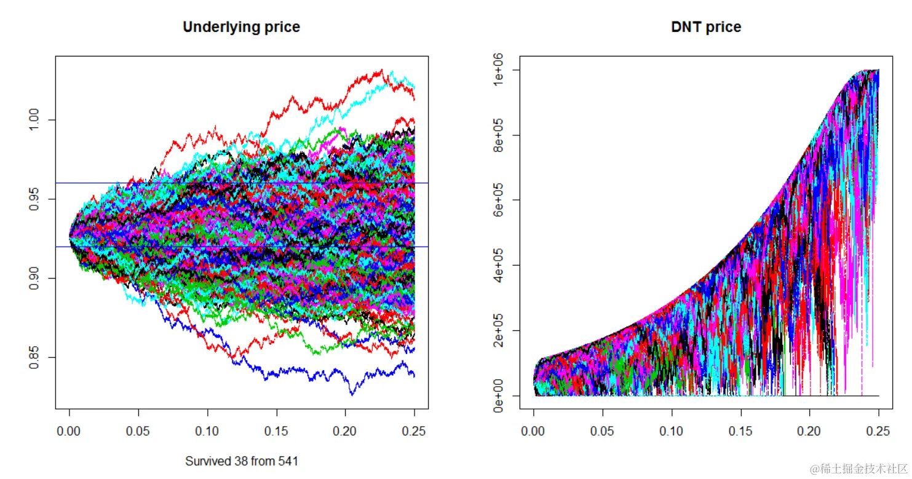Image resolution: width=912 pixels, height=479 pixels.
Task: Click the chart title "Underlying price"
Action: pos(241,27)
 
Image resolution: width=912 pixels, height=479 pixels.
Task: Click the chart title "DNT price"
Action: pos(706,27)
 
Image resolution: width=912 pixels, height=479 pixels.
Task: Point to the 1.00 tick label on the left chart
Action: pos(34,119)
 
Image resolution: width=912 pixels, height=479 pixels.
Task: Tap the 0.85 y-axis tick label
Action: pos(34,357)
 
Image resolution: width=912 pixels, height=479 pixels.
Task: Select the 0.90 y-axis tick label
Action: pos(34,278)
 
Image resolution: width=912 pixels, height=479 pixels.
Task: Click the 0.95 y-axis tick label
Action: pos(34,199)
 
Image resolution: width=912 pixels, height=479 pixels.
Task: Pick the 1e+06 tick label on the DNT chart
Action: pos(499,70)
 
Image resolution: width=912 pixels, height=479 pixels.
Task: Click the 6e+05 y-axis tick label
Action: pos(499,200)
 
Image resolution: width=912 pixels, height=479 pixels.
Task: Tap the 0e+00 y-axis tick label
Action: pos(499,395)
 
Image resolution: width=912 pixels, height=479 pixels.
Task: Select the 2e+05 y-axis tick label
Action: pos(499,330)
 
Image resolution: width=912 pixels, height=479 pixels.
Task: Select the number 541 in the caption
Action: pos(288,461)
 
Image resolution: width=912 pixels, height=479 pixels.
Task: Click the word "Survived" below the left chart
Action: pos(206,461)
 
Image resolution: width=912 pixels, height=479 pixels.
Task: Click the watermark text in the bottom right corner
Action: pos(858,469)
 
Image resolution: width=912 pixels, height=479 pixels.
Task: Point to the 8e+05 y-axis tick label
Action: pos(499,135)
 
